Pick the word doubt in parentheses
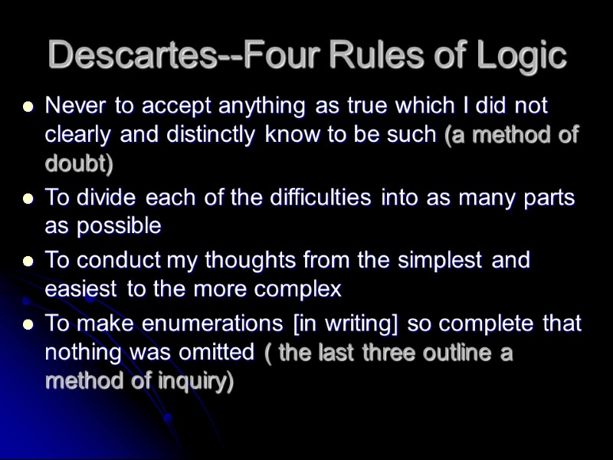point(74,163)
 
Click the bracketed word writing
point(356,323)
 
